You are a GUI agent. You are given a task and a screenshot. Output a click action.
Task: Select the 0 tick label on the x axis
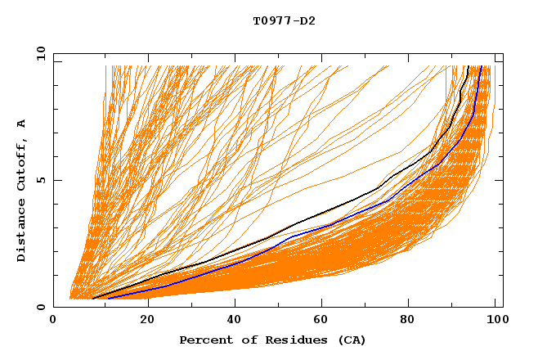[54, 320]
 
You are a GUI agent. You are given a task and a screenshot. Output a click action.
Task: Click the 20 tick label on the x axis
[147, 320]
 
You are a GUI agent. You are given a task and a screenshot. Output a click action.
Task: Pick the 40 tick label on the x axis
[236, 320]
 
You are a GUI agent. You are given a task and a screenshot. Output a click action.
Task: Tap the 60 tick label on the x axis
[325, 320]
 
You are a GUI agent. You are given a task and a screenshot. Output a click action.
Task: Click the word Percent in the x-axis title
[204, 340]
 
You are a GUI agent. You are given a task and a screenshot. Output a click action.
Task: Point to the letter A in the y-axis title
[21, 123]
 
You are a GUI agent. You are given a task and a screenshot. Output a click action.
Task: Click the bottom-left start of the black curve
[92, 298]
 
